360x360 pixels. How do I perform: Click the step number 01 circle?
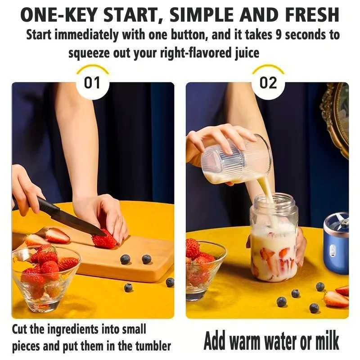pos(93,84)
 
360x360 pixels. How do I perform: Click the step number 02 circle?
pos(268,84)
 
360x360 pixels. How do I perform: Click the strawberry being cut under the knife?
pos(104,241)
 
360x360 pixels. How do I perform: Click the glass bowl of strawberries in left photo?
pos(45,279)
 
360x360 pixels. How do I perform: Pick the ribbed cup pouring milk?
pos(236,160)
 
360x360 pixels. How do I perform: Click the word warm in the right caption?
pos(252,341)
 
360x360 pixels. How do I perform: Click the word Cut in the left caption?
pos(21,330)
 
